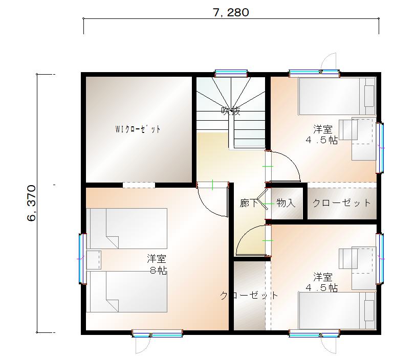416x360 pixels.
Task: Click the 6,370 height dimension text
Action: click(x=32, y=203)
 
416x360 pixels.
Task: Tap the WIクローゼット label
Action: click(x=138, y=129)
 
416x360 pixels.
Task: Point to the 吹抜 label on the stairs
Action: click(x=230, y=110)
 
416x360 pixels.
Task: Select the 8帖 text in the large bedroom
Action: click(x=157, y=271)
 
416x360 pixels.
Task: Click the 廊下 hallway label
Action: click(x=249, y=203)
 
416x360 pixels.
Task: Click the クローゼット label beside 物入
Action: click(x=341, y=203)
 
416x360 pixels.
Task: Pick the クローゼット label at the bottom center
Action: click(x=249, y=295)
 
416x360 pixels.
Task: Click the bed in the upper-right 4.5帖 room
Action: click(x=337, y=96)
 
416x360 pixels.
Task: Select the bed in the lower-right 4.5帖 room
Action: click(x=337, y=310)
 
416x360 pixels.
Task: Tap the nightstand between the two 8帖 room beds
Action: click(x=94, y=259)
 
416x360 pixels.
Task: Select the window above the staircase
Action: click(x=231, y=73)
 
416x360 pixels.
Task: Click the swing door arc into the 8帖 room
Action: click(x=211, y=201)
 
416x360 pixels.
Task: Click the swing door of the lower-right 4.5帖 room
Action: click(x=252, y=241)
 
